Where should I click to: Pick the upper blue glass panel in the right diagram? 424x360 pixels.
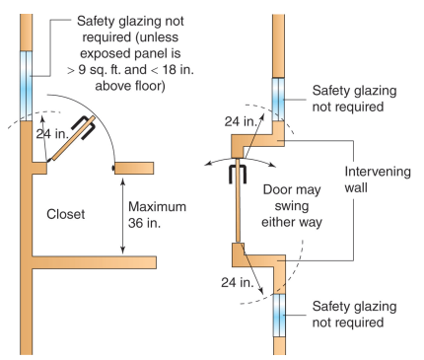pos(278,99)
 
